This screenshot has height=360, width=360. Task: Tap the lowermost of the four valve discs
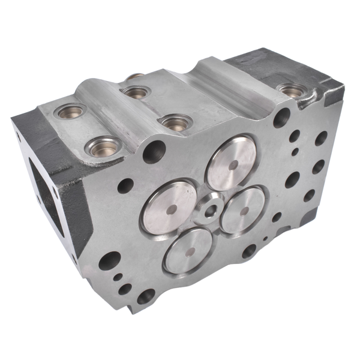point(188,250)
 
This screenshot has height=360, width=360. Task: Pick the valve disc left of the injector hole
point(170,206)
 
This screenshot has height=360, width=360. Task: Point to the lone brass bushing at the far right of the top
point(292,91)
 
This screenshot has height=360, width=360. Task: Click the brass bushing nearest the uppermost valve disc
point(174,122)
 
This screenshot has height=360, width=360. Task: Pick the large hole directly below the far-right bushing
point(281,118)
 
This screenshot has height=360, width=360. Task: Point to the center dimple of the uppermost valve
point(232,164)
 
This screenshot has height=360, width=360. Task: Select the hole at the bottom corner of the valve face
point(146,296)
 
